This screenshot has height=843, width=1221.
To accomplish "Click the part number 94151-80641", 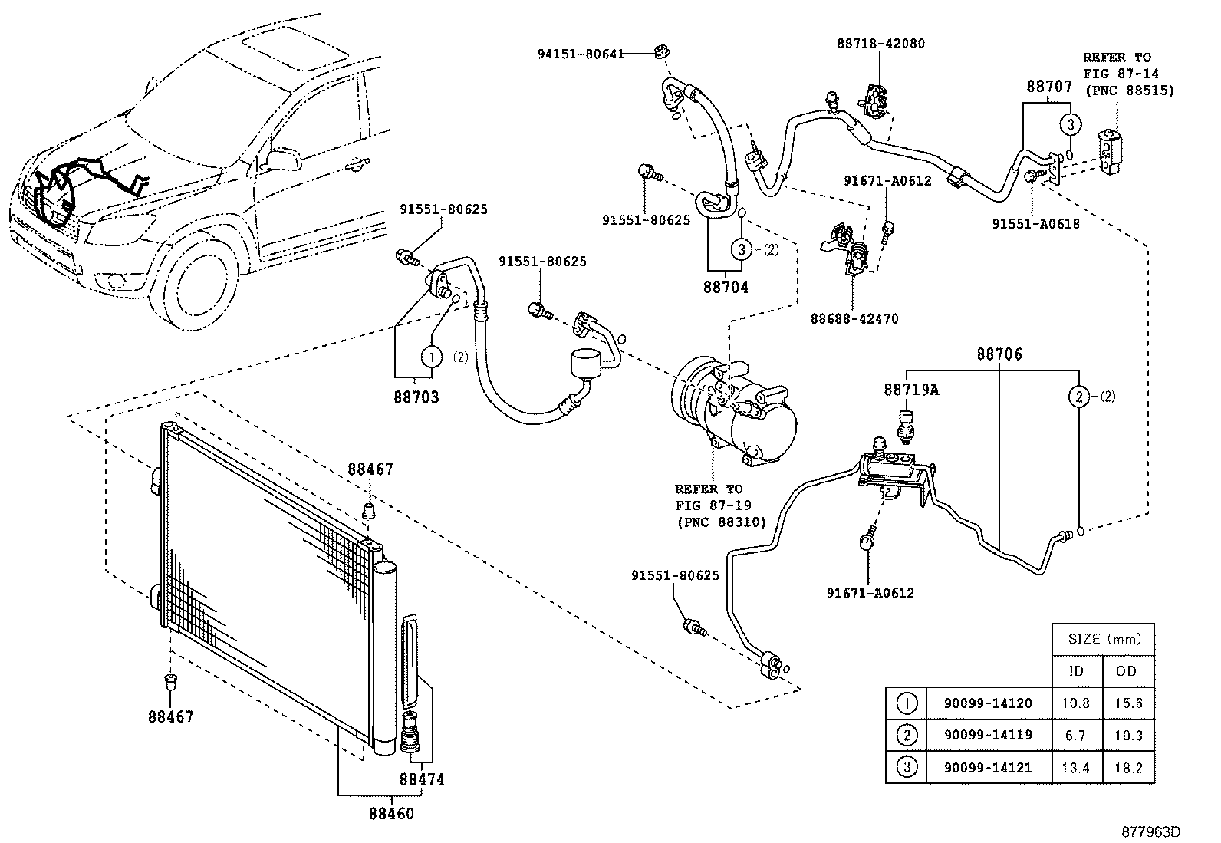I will tap(579, 54).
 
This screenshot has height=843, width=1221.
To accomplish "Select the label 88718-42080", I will tap(880, 44).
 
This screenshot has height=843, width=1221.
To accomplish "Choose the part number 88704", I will tap(726, 287).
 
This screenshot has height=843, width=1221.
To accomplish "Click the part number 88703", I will tap(416, 397).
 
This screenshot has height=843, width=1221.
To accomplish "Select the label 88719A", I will tap(910, 390).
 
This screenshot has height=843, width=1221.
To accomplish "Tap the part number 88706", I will tap(999, 355).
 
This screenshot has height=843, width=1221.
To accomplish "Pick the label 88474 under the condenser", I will tap(421, 779).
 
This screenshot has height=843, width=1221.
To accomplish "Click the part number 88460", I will tap(390, 813).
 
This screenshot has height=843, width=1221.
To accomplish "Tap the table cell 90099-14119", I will tap(987, 735).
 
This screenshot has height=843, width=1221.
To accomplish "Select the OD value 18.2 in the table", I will tap(1128, 767).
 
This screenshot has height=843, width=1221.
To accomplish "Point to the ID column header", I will tap(1076, 670).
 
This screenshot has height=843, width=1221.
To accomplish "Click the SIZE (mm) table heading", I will tap(1102, 638).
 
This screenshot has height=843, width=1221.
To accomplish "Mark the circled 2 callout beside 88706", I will tap(1078, 397).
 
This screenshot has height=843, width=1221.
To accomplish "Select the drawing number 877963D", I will tap(1150, 831).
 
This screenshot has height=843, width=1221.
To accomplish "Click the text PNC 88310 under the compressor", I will tap(710, 522).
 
